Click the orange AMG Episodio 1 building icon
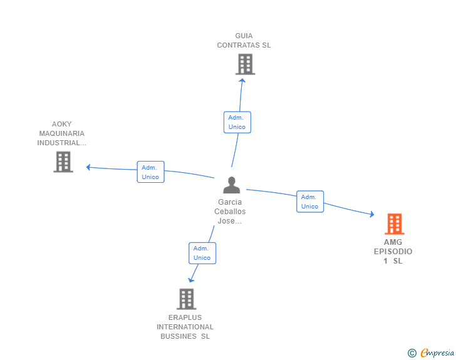click(x=394, y=224)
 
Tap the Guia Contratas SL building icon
click(x=245, y=64)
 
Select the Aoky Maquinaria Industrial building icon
click(x=63, y=162)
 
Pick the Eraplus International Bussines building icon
click(x=186, y=299)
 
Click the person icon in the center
click(x=232, y=185)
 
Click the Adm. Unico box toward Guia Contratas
click(x=237, y=122)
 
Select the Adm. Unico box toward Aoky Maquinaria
click(x=150, y=172)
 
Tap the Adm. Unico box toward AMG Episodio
click(x=309, y=202)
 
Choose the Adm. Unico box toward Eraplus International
click(x=202, y=253)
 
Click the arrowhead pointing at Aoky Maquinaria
click(x=89, y=167)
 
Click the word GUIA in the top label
click(x=244, y=36)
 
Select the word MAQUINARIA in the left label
click(x=61, y=133)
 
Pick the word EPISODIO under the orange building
click(x=393, y=252)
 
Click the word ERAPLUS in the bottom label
click(x=185, y=317)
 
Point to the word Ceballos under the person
click(x=230, y=212)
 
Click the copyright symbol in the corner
click(x=412, y=353)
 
